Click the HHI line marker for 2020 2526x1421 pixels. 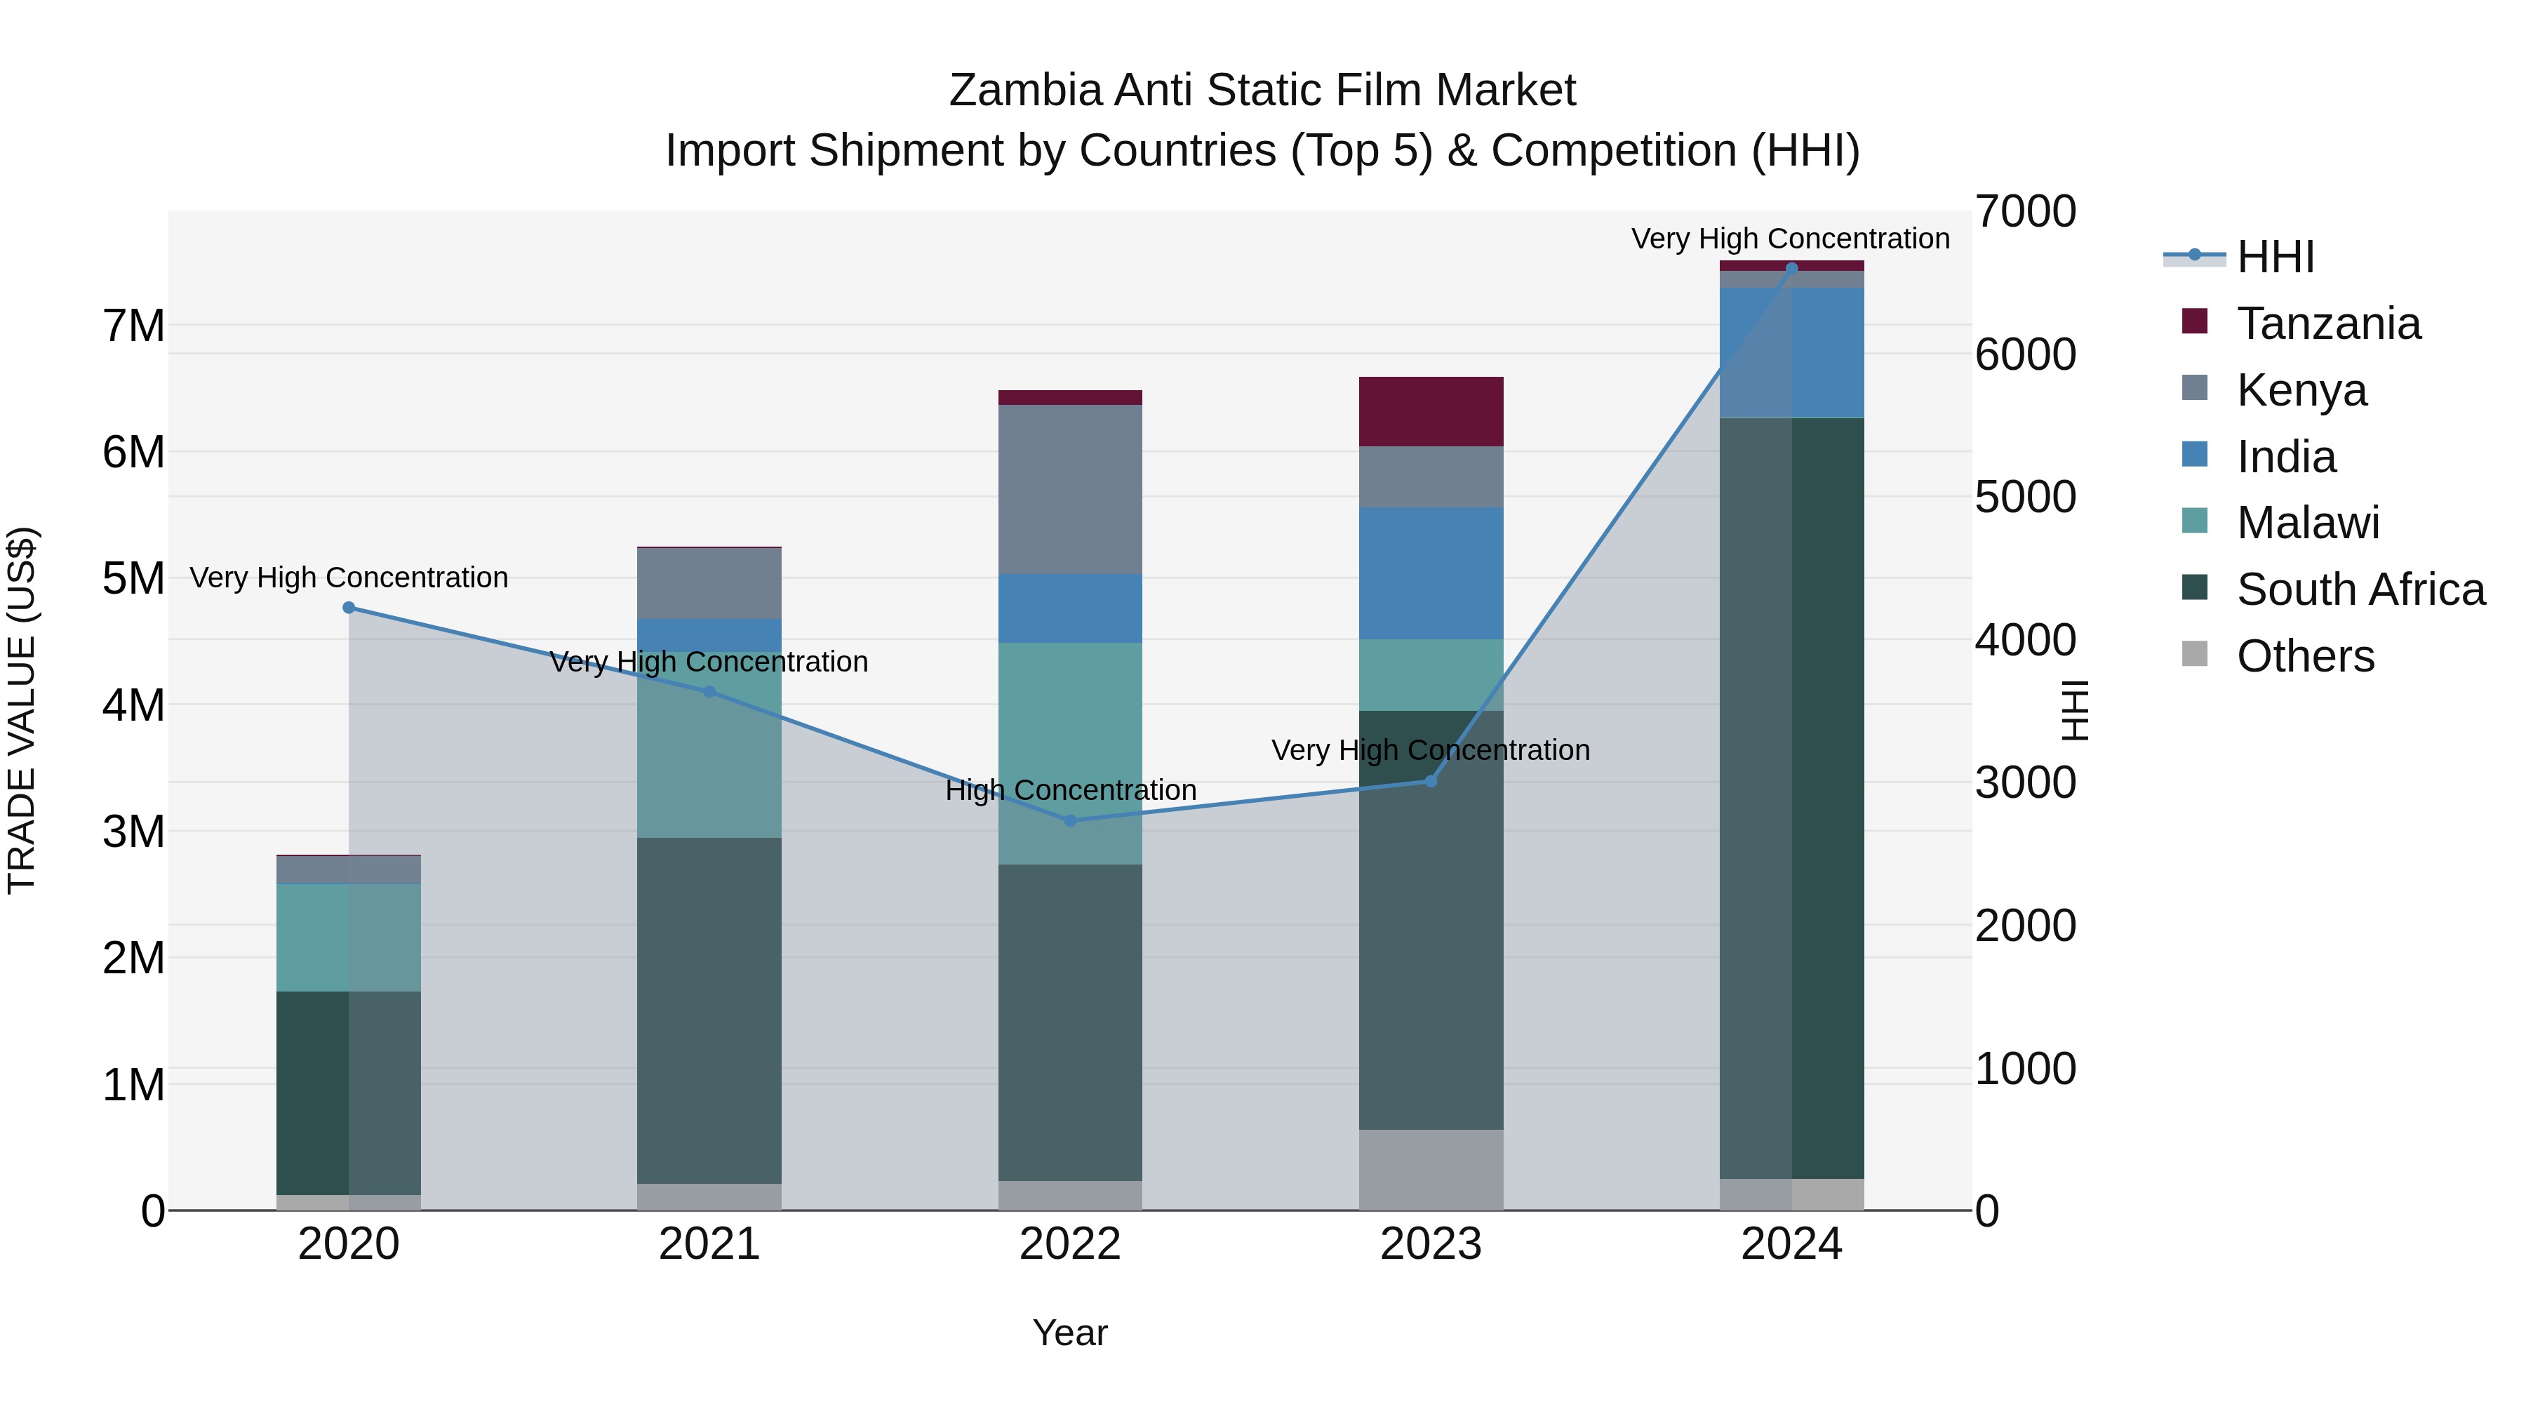349,608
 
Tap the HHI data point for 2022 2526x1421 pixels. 1070,821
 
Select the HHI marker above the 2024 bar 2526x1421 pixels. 1791,268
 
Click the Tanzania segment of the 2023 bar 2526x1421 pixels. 1431,412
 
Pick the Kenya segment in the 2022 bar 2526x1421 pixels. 1070,488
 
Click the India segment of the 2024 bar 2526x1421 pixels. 1791,353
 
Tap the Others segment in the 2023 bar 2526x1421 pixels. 1431,1169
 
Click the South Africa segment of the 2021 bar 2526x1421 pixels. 709,1010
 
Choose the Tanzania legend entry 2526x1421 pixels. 2328,323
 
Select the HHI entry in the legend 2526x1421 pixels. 2275,257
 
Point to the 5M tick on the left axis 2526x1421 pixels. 134,579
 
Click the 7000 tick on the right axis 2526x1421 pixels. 2025,212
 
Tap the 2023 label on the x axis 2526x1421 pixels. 1431,1244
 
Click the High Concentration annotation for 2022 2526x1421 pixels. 1070,789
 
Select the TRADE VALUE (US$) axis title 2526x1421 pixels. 22,710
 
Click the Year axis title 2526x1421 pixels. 1070,1333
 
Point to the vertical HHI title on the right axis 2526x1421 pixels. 2074,710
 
